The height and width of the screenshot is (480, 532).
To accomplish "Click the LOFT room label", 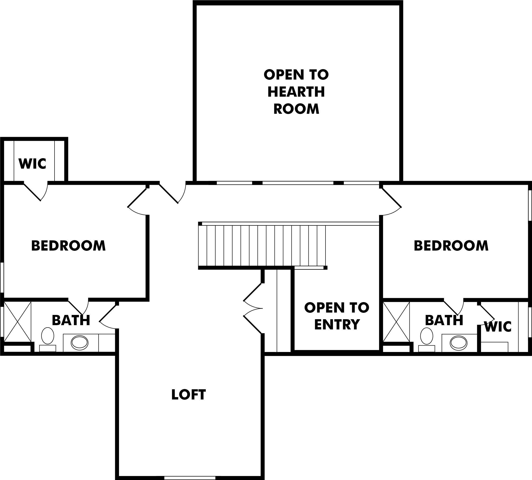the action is tap(188, 395).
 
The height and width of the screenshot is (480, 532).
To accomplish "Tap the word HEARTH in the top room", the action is tap(296, 92).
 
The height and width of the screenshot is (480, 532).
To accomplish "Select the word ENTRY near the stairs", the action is tap(337, 324).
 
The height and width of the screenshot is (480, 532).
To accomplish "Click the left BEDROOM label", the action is tap(69, 246).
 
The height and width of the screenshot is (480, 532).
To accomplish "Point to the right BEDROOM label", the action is tap(451, 246).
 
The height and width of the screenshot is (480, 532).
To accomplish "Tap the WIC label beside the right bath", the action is tap(498, 327).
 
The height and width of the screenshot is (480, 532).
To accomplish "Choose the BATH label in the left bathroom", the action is tap(71, 320).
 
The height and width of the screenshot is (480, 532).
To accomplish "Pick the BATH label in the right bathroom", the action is tap(444, 320).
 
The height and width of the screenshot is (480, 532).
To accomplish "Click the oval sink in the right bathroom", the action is tap(459, 343).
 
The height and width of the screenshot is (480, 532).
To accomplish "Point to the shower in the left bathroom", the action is tap(18, 322).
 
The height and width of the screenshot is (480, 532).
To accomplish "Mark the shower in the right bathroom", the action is tap(396, 322).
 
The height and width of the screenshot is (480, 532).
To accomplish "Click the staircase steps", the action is tap(262, 245).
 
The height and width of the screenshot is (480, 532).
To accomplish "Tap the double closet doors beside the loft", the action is tap(253, 308).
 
